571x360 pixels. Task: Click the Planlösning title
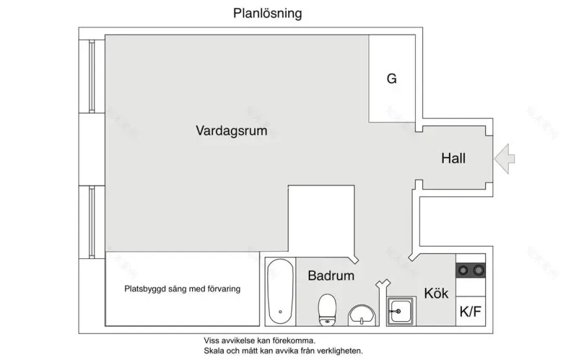267,14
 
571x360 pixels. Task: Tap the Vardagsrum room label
232,130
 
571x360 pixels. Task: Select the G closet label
391,79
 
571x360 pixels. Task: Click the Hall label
453,158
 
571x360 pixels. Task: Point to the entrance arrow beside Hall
504,158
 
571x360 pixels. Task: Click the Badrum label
331,276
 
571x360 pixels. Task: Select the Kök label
436,293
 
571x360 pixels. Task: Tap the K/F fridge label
470,312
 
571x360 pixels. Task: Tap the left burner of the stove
463,270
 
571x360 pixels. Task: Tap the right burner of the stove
478,270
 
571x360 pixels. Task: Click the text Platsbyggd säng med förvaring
182,289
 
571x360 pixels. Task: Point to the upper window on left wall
92,77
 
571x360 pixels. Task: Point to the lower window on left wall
92,221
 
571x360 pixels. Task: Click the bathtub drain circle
280,313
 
